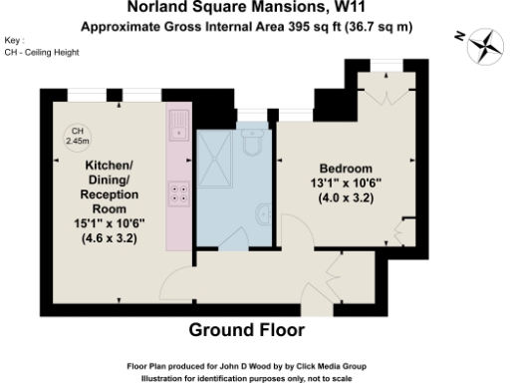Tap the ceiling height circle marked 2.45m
tap(77, 137)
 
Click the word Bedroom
tap(346, 167)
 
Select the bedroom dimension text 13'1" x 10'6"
tap(346, 182)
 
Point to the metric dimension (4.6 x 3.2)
tap(109, 238)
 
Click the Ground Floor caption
tap(246, 330)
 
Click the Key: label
tap(14, 41)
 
